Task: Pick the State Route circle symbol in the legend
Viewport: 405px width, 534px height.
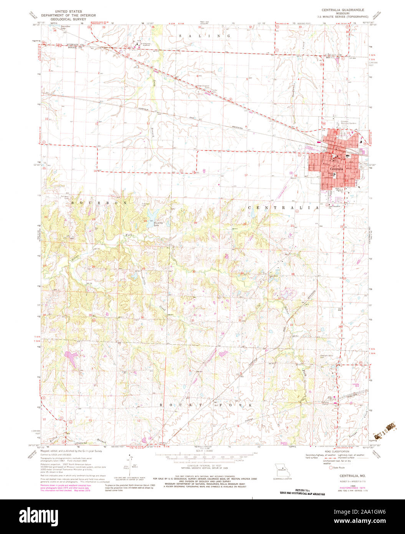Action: pos(331,468)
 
